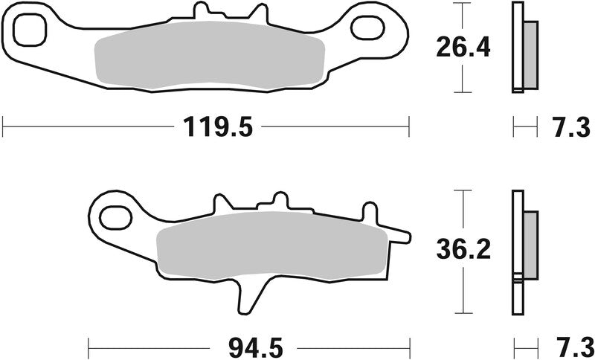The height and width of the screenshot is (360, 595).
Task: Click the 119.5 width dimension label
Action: click(x=215, y=127)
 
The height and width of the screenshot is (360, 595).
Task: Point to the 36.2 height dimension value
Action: click(x=463, y=251)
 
